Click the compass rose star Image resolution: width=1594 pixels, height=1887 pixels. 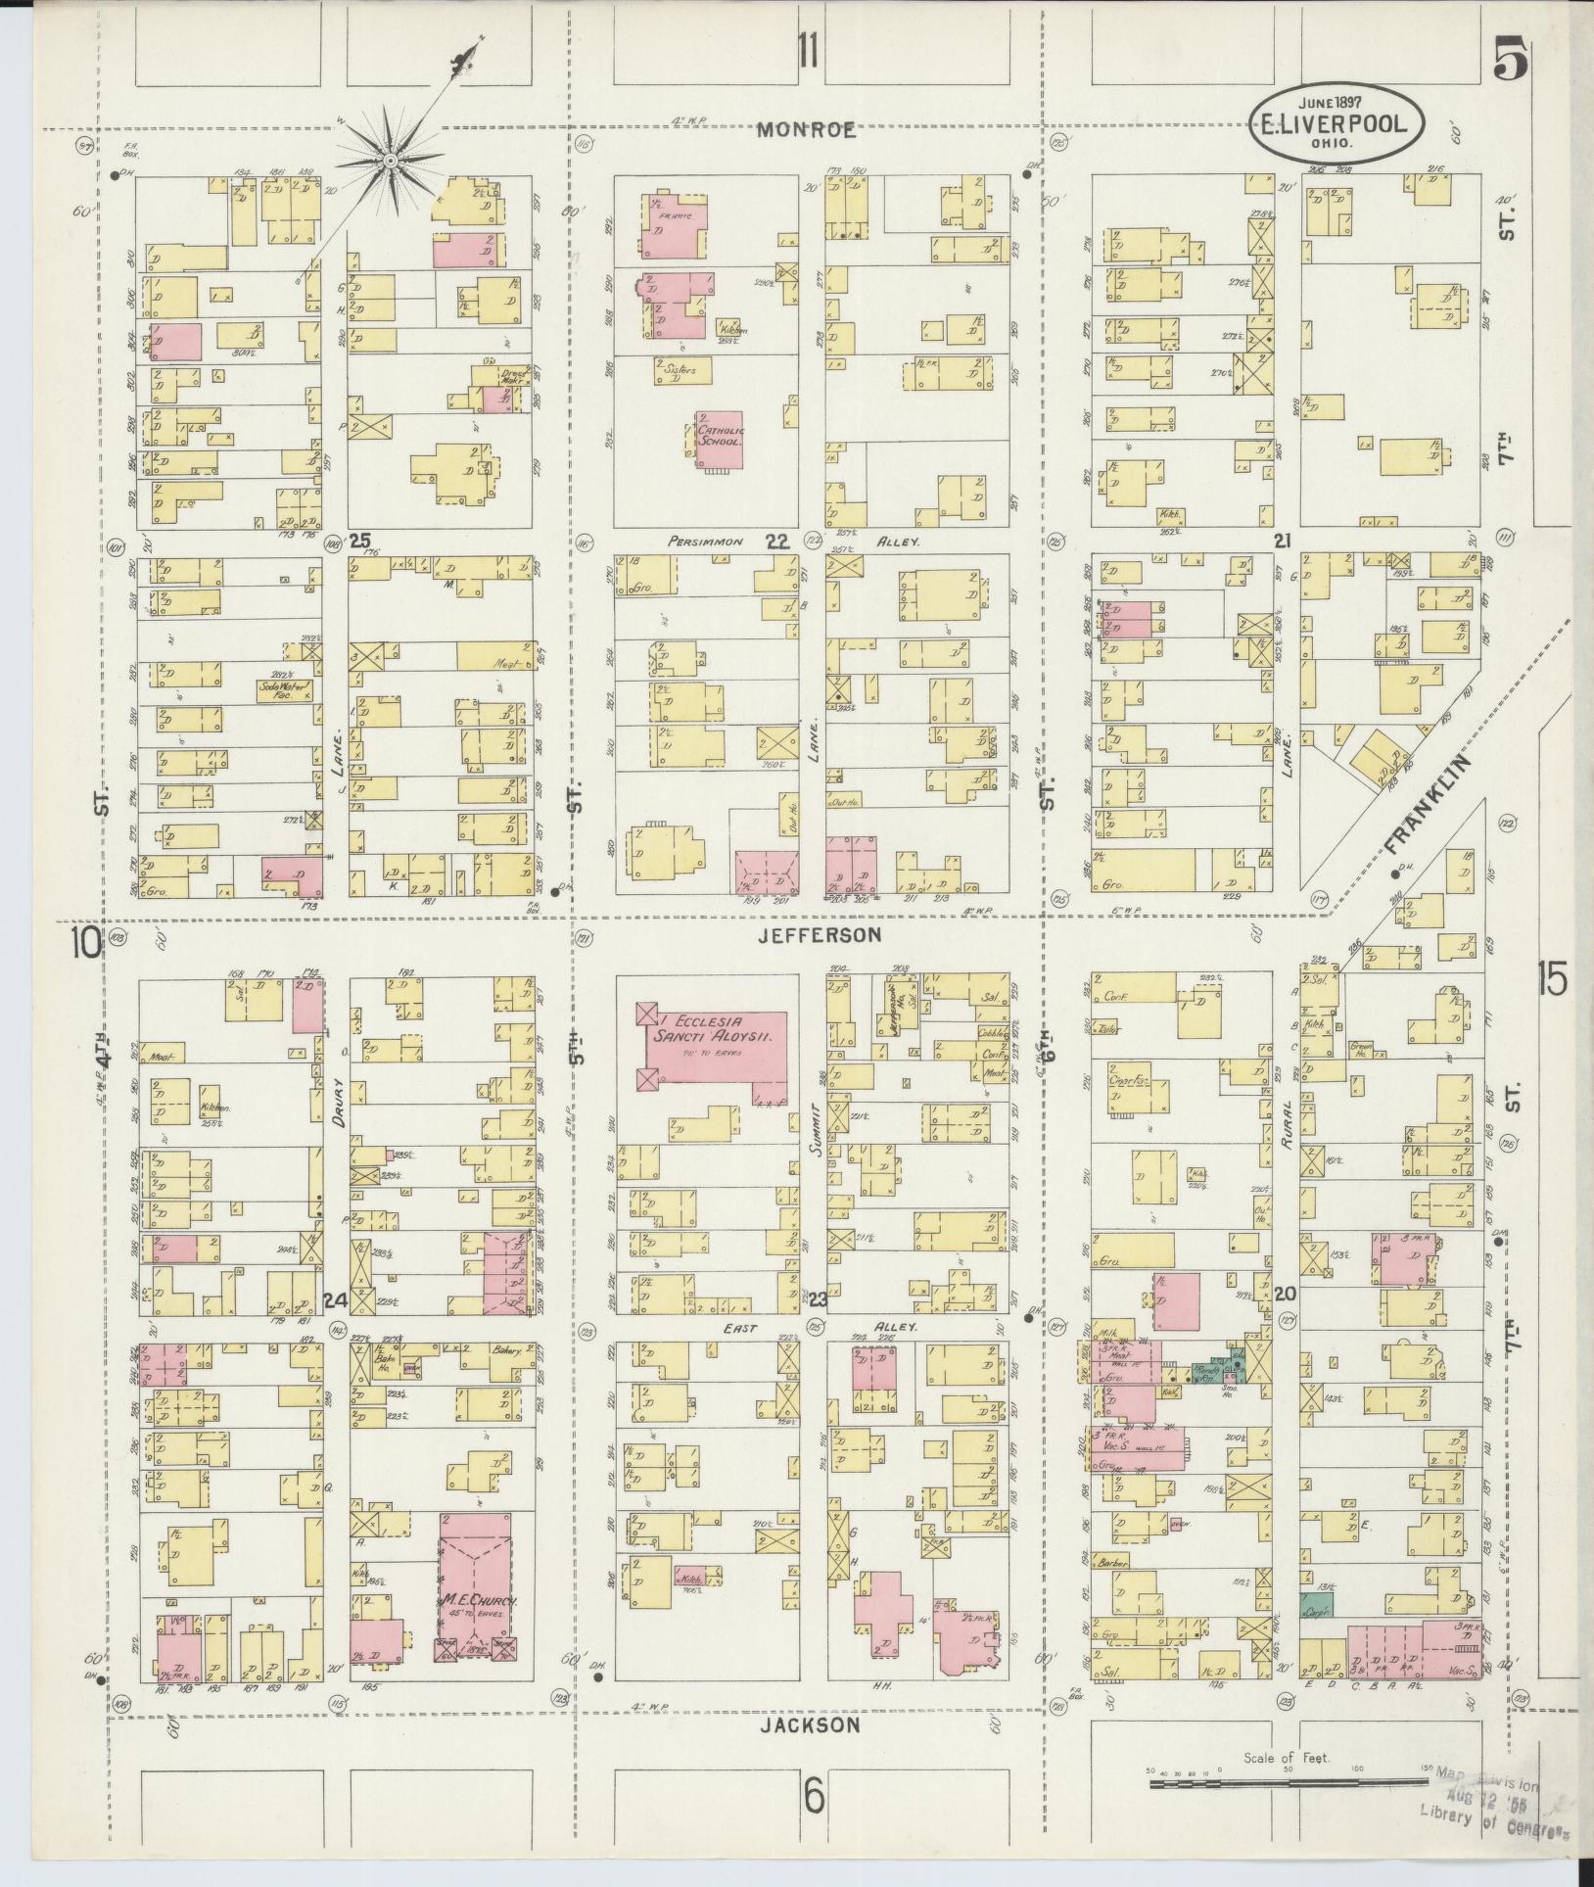[389, 160]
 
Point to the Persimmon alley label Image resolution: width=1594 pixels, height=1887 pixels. [706, 541]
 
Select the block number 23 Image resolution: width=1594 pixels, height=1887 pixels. [818, 1298]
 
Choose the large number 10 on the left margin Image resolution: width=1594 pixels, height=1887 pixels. [85, 945]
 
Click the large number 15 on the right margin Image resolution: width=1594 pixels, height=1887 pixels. [1551, 978]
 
